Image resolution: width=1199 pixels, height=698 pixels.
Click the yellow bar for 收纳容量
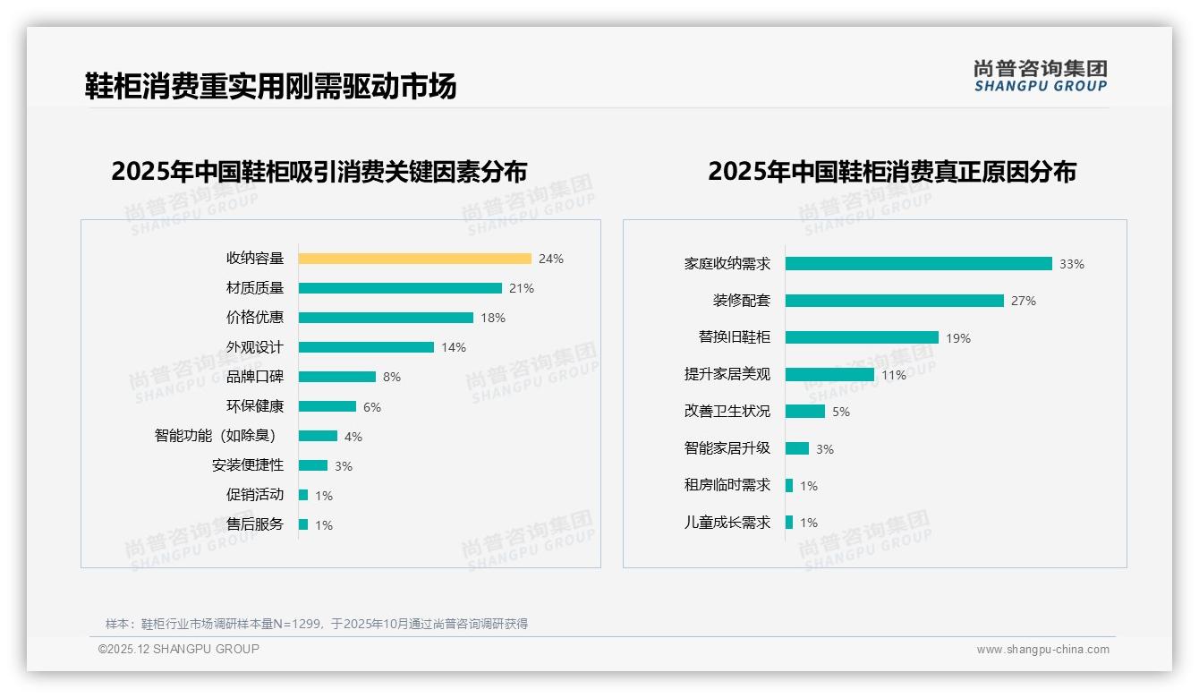pos(414,259)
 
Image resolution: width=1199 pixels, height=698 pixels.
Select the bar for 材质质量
pos(400,288)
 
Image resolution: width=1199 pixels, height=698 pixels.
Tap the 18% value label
pos(493,318)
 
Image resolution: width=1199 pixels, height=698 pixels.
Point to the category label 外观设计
pos(254,347)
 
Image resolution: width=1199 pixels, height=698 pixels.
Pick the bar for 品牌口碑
pos(336,377)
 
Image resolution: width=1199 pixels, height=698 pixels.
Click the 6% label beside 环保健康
pos(372,406)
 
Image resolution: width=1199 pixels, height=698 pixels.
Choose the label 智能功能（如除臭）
pos(217,436)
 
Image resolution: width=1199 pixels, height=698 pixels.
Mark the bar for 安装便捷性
pos(312,465)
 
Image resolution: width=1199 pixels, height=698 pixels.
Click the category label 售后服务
pos(254,524)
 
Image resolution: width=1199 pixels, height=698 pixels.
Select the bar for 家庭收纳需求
pos(918,264)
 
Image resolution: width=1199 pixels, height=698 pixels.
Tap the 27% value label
pos(1024,301)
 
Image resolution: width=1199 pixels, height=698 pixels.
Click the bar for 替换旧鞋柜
pos(862,337)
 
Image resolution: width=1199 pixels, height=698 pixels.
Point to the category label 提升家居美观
pos(727,375)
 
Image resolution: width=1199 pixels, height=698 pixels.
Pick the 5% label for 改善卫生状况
pos(841,412)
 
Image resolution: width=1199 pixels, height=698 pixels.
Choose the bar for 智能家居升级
pos(797,448)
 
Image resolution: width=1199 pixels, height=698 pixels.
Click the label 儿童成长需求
pos(727,523)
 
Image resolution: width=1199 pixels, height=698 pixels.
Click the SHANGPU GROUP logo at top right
pos(1040,76)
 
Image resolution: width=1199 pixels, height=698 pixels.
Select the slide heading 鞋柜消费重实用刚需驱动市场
pos(270,86)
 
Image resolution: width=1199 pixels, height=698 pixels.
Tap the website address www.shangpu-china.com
pos(1042,650)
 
